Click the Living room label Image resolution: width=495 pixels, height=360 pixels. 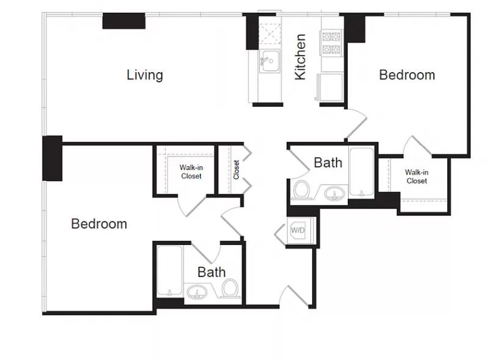click(x=145, y=75)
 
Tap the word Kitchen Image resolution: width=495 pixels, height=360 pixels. click(x=300, y=57)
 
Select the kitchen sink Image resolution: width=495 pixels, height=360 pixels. click(x=269, y=61)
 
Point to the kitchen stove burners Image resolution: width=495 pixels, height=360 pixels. click(x=331, y=43)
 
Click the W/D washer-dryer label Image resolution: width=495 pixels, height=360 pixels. click(x=298, y=230)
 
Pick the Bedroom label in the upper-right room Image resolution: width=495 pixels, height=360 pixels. click(x=407, y=75)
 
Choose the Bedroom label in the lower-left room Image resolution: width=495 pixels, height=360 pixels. click(x=99, y=224)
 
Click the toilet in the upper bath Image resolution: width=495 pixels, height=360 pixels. click(x=301, y=190)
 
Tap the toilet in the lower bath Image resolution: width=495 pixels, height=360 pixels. click(x=230, y=288)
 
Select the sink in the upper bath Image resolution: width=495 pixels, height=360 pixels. click(x=335, y=193)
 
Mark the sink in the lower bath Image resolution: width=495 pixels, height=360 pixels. click(x=197, y=292)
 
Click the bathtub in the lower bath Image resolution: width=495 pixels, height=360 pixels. click(x=170, y=271)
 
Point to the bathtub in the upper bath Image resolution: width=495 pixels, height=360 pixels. click(x=362, y=172)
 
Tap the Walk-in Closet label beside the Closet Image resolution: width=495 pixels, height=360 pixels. click(x=191, y=172)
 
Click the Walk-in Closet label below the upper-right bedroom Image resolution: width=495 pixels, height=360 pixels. click(x=417, y=177)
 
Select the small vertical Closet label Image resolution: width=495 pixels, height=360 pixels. click(x=236, y=169)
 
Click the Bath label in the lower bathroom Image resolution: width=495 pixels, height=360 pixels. click(x=211, y=272)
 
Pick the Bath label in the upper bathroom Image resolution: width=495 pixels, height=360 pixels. click(x=328, y=163)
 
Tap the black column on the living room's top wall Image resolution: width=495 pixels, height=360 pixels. click(x=123, y=21)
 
